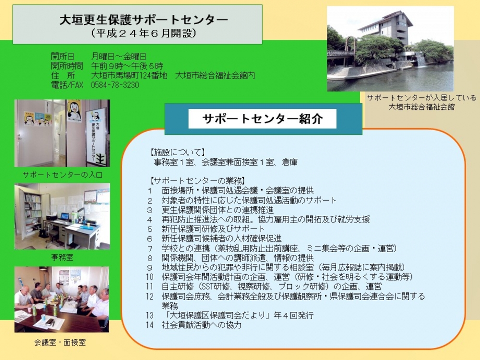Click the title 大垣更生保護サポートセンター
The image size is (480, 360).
(144, 20)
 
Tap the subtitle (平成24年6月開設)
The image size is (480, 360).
(144, 33)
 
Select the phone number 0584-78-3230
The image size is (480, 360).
(115, 85)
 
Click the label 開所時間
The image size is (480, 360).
(67, 66)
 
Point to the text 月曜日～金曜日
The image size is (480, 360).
(119, 56)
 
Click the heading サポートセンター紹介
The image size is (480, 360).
(263, 119)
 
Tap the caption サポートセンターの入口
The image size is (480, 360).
(62, 175)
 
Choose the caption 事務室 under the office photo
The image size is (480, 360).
(62, 257)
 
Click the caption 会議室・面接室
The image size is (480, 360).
(60, 342)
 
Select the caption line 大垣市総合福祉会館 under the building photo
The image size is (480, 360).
(421, 107)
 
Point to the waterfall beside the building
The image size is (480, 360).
(421, 60)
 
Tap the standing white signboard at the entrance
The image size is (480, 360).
(96, 136)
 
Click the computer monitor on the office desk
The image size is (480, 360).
(65, 216)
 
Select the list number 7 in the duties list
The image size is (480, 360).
(150, 248)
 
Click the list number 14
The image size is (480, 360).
(149, 325)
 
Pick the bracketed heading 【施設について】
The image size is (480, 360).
(177, 152)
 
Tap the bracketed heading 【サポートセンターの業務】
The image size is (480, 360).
(197, 180)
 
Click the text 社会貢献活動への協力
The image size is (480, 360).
(202, 325)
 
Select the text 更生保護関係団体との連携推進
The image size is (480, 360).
(217, 210)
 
